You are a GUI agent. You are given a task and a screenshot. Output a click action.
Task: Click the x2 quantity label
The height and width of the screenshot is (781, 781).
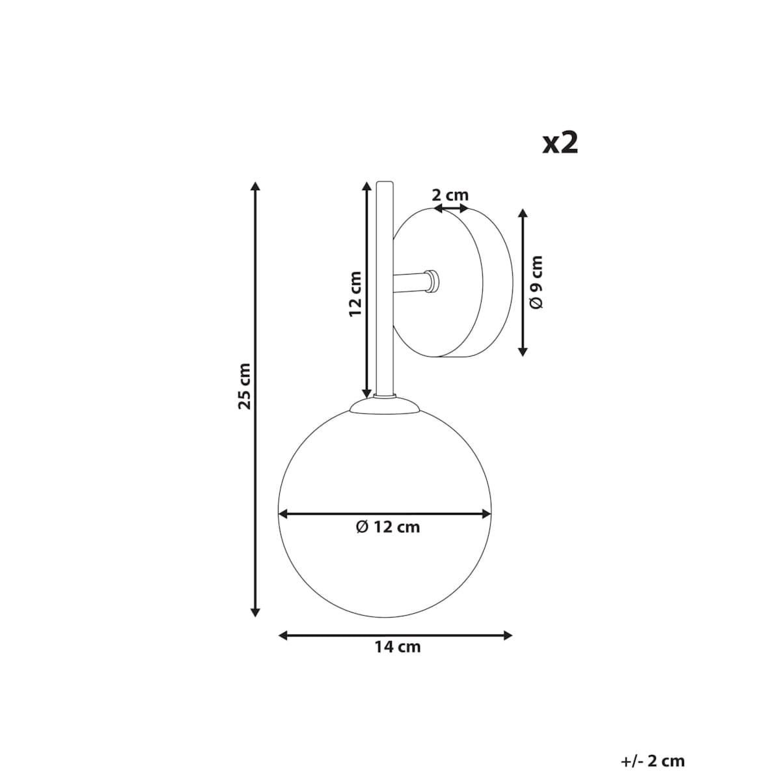point(560,143)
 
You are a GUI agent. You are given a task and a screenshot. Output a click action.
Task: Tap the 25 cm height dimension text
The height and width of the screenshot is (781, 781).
point(244,386)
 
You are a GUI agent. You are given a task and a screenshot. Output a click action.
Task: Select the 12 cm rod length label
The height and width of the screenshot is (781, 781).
point(355,294)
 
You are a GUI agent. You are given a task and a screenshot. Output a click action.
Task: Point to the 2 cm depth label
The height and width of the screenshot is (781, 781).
point(450,195)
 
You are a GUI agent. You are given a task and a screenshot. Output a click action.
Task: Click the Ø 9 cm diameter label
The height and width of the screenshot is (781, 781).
point(536,282)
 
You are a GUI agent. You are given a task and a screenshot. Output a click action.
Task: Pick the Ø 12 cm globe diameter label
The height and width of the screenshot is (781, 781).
point(388,527)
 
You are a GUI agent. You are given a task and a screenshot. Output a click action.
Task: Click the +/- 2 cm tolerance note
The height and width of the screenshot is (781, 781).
point(653,761)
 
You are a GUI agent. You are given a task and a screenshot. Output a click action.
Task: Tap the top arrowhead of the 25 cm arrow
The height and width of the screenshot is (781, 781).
point(256,187)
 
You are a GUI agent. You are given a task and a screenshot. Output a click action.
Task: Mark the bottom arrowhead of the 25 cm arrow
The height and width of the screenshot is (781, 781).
point(256,611)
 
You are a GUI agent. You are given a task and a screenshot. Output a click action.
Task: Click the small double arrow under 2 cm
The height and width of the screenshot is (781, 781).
point(451,208)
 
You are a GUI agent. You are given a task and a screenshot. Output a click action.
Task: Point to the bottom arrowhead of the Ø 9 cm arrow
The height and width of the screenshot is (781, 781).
point(522,351)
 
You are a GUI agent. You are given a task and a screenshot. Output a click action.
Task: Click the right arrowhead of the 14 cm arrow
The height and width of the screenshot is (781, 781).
point(508,635)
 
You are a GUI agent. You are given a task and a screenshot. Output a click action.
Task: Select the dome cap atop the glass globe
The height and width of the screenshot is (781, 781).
point(384,406)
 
